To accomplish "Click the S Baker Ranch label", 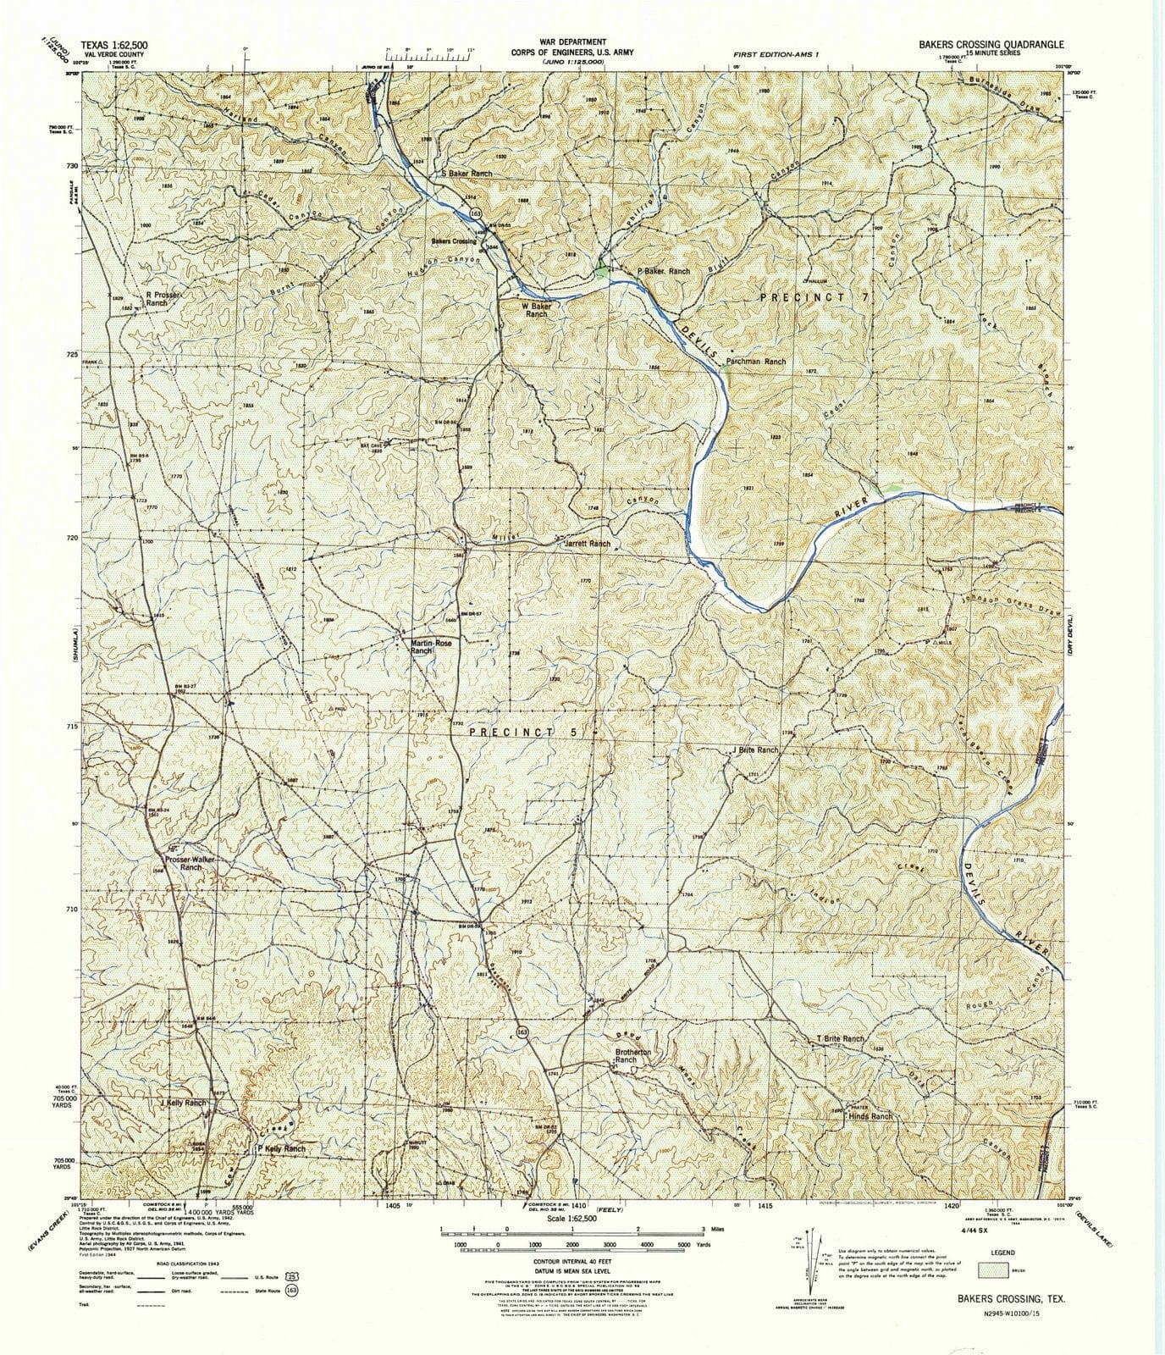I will [466, 174].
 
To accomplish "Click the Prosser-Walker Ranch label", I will [191, 864].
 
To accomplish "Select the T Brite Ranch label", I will [840, 1039].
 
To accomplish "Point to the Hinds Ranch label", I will [870, 1116].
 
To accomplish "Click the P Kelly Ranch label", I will [280, 1148].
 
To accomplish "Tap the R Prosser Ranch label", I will [163, 299].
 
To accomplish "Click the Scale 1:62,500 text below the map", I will [548, 1218].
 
